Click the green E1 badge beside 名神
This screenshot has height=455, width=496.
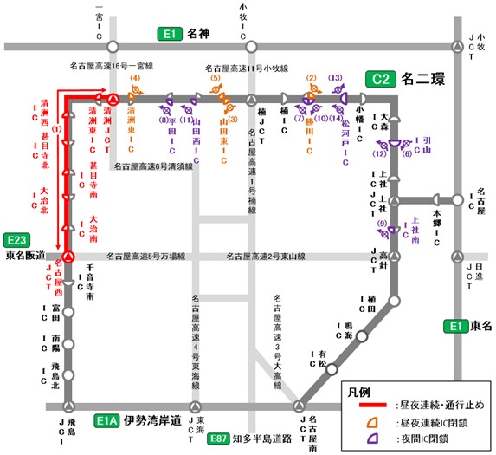(168, 35)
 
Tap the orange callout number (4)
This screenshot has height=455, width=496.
(135, 80)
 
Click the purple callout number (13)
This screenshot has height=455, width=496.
(337, 80)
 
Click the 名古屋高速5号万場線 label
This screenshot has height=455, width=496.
(146, 257)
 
